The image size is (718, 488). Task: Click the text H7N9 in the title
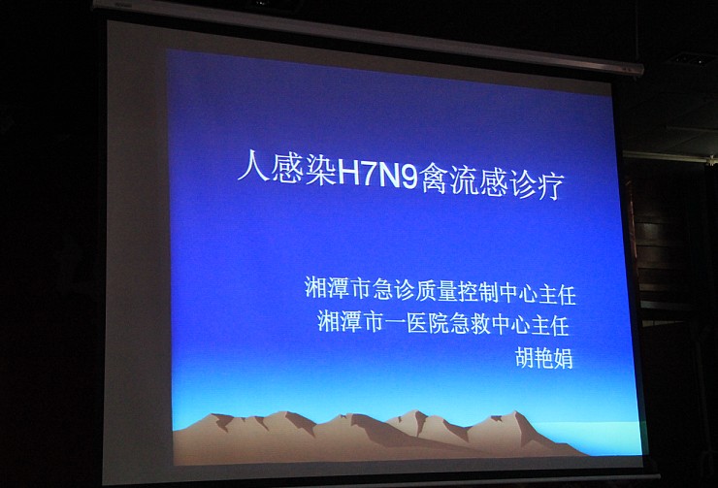[377, 178]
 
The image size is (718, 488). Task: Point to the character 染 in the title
[321, 171]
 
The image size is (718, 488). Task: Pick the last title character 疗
[546, 185]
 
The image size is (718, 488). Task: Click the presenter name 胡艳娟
[544, 358]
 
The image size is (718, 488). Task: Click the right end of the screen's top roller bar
[642, 70]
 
